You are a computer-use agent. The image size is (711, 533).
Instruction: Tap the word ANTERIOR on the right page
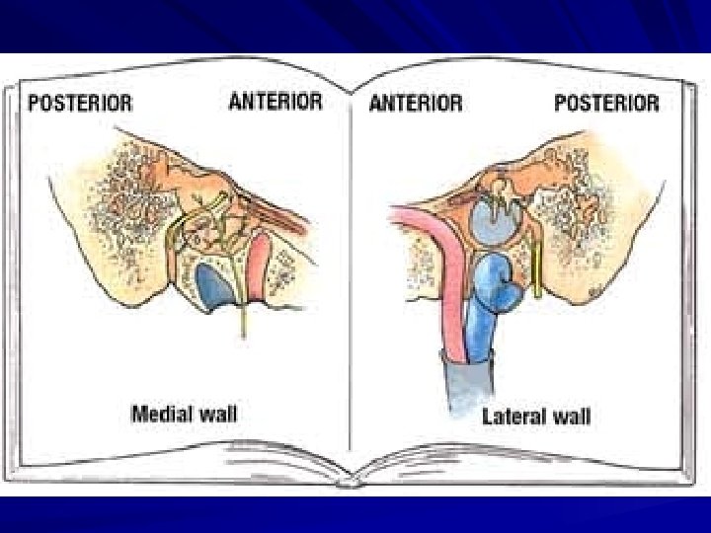coord(415,103)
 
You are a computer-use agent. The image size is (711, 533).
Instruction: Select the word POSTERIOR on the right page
coord(606,103)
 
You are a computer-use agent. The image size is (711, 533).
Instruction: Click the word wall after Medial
coord(216,414)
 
